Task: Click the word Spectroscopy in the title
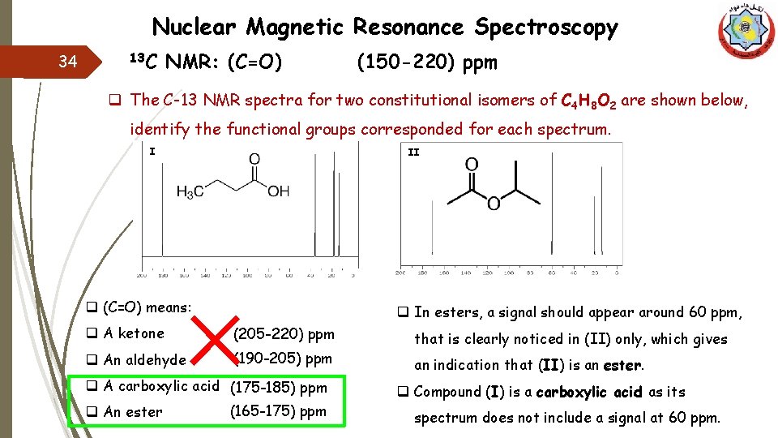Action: coord(546,28)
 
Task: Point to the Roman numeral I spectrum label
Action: coord(152,150)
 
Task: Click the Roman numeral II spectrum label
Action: coord(413,152)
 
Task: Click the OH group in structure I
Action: coord(278,192)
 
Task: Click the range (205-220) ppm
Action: coord(284,333)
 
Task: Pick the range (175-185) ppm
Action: coord(279,388)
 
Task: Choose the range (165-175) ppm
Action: coord(278,410)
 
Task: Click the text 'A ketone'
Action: coord(134,333)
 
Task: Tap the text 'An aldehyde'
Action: coord(144,359)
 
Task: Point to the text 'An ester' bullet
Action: coord(133,411)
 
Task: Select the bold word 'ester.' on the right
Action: coord(623,365)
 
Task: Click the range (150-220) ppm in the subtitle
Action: coord(427,62)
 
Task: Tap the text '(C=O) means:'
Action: coord(147,307)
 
